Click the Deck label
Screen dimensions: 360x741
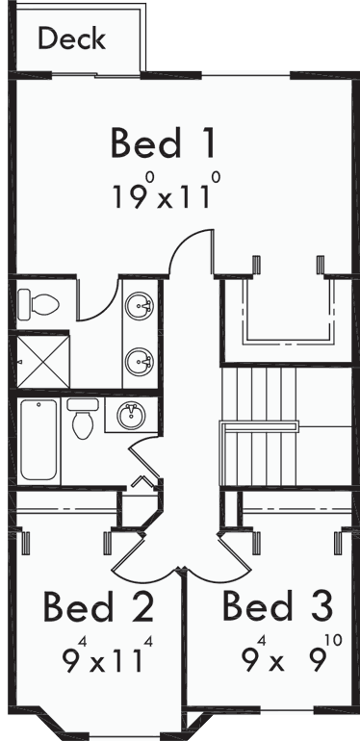(71, 39)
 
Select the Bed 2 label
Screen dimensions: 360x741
(98, 607)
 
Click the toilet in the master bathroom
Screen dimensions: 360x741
(40, 303)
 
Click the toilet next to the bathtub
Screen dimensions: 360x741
(83, 422)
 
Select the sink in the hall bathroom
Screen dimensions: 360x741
(131, 417)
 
